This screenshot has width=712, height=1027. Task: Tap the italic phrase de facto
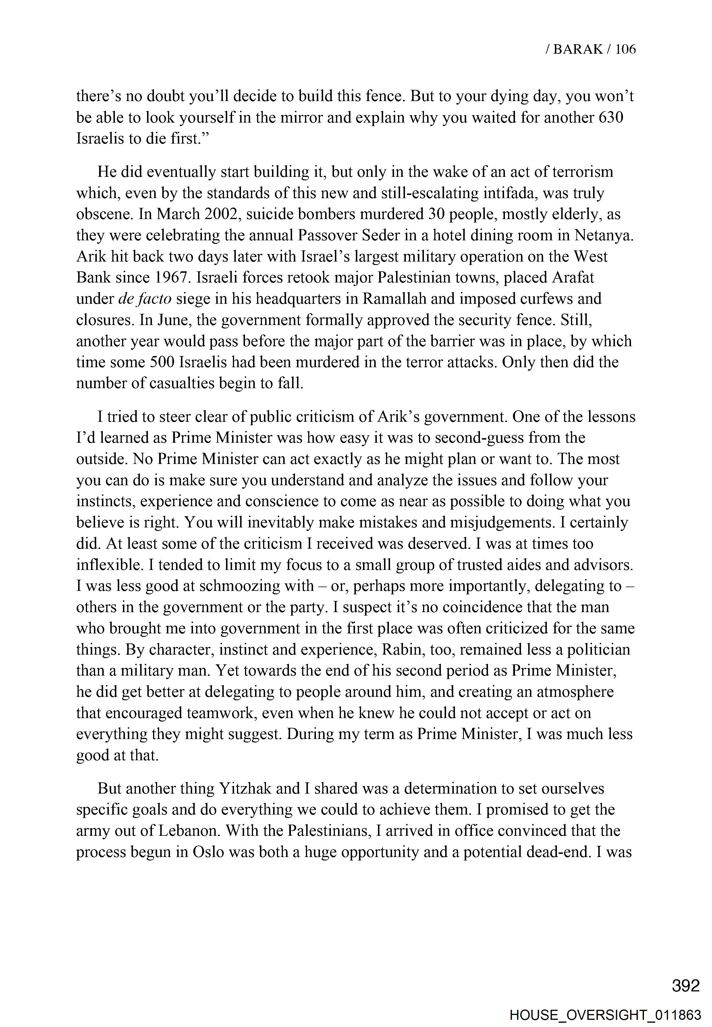(x=144, y=299)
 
